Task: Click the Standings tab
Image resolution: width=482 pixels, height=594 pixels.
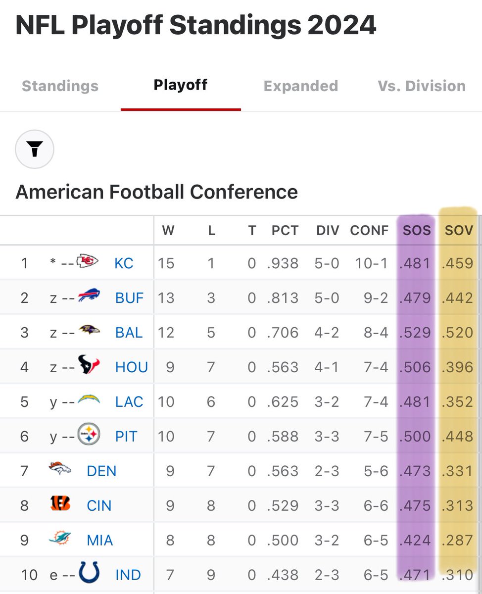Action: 60,86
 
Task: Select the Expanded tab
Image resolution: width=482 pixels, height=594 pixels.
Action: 300,86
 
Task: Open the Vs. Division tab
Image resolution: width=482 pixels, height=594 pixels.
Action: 422,86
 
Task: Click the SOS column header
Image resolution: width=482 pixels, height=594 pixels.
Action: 417,230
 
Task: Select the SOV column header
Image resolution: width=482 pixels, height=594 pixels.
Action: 459,230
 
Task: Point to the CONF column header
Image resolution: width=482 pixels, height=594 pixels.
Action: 369,230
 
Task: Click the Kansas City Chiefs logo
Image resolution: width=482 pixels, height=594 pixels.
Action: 88,262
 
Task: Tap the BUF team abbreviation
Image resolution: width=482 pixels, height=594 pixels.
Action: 129,297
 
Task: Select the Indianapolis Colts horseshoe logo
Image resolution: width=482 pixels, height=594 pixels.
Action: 90,573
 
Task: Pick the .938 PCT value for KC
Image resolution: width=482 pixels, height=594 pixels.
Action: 283,263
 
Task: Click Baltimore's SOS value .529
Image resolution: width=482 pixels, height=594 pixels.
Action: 416,332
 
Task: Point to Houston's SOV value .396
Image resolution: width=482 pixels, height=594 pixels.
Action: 458,367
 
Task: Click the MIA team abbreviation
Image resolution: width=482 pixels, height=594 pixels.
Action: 100,540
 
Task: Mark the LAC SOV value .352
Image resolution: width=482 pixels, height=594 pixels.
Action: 458,401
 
